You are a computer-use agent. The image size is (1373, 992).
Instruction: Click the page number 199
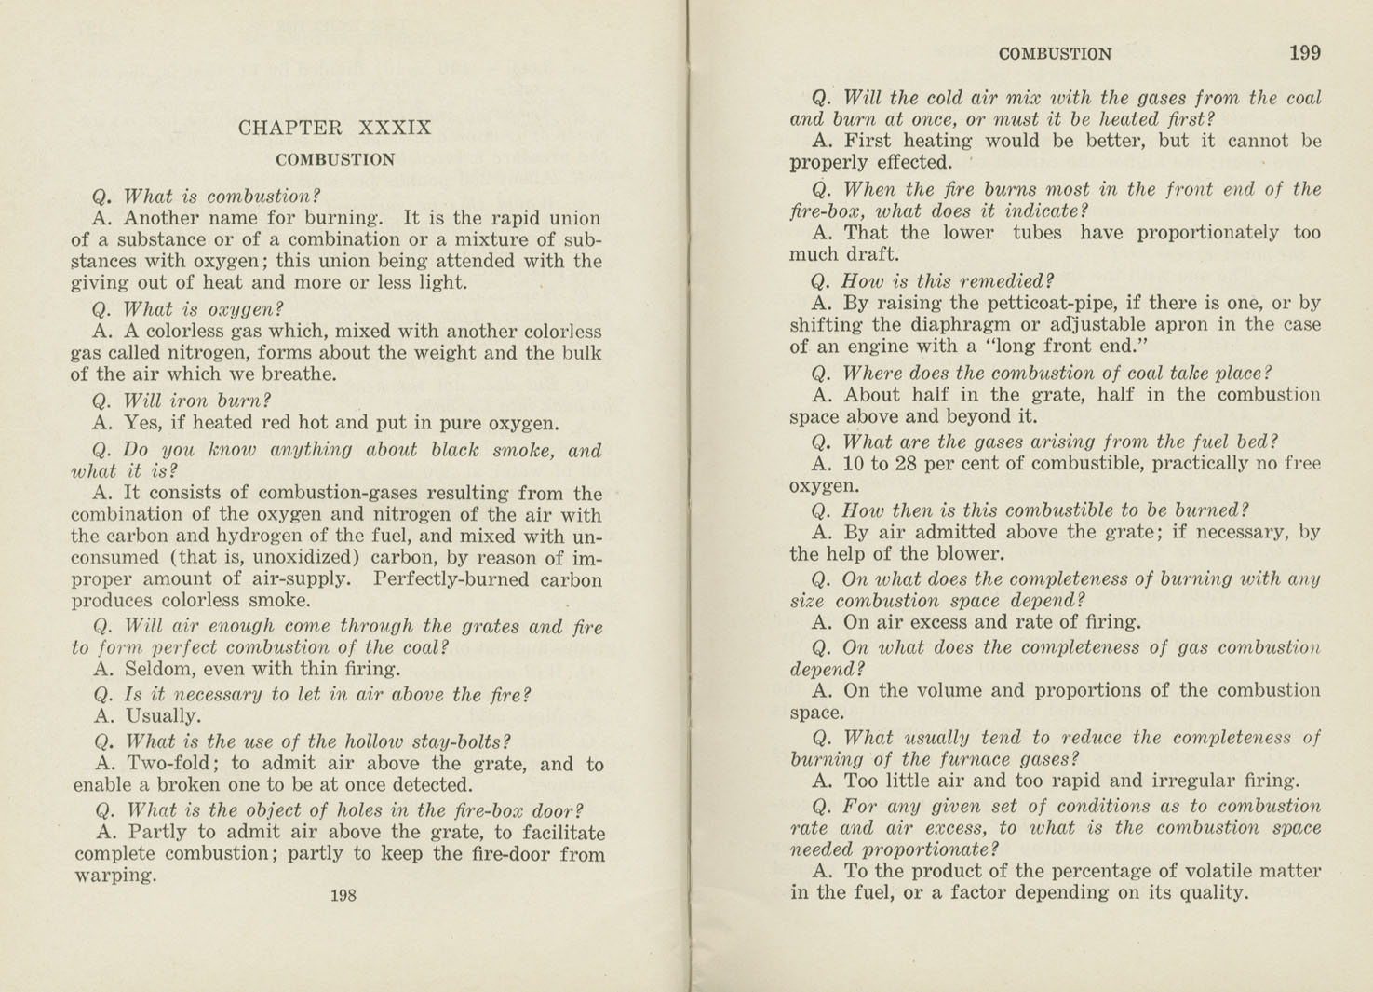click(x=1304, y=53)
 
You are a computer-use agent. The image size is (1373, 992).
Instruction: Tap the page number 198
click(x=343, y=895)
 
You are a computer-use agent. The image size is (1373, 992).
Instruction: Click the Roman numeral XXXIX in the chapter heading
click(x=395, y=128)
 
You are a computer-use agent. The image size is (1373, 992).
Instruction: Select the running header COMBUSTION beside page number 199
click(x=1055, y=54)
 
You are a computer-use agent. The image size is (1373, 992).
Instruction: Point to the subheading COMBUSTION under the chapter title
click(x=335, y=160)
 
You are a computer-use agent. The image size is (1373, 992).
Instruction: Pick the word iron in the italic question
click(x=189, y=401)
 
